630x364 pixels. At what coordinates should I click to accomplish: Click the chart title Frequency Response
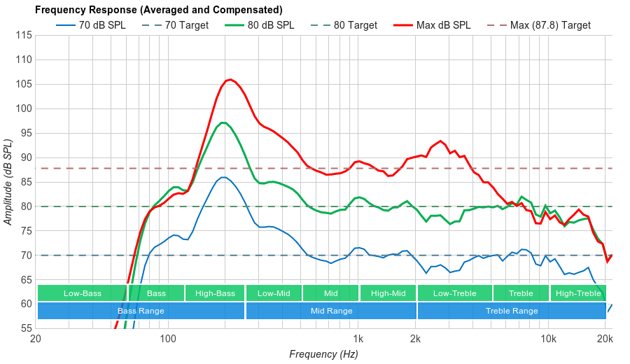[x=158, y=10]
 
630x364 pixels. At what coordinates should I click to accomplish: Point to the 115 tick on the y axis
[x=24, y=35]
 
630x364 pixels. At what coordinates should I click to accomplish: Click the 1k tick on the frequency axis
[x=358, y=339]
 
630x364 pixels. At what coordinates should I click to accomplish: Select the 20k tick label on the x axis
[x=605, y=339]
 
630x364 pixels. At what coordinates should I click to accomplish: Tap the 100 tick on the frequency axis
[x=167, y=339]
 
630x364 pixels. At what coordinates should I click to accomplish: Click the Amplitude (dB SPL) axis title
[x=8, y=182]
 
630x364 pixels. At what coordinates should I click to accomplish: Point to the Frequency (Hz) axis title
[x=323, y=354]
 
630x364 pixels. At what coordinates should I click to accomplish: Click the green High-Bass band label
[x=215, y=293]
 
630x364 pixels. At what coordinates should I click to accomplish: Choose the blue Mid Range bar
[x=331, y=311]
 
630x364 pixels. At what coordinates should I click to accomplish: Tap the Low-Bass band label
[x=82, y=293]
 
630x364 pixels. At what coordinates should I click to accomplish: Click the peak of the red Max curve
[x=230, y=79]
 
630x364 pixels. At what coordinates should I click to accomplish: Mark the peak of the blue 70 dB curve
[x=223, y=177]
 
